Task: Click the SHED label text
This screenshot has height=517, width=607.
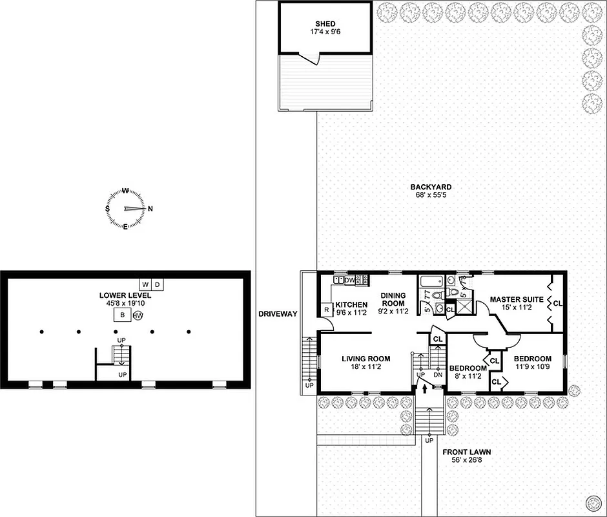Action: coord(325,24)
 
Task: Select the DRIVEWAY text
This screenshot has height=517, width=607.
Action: coord(277,314)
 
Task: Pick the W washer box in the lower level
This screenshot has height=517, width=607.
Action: coord(145,284)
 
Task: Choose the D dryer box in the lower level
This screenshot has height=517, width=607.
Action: coord(157,284)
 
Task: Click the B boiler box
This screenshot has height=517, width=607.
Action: coord(121,315)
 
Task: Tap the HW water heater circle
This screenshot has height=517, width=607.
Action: coord(137,316)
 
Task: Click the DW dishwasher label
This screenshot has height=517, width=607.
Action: coord(349,280)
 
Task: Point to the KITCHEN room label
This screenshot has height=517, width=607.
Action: coord(351,304)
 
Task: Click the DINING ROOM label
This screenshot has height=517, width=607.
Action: coord(393,300)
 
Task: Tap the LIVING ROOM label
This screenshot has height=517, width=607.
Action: coord(365,359)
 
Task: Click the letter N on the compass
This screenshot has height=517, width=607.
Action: coord(150,209)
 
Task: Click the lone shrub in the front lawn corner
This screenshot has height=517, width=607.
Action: coord(592,502)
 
